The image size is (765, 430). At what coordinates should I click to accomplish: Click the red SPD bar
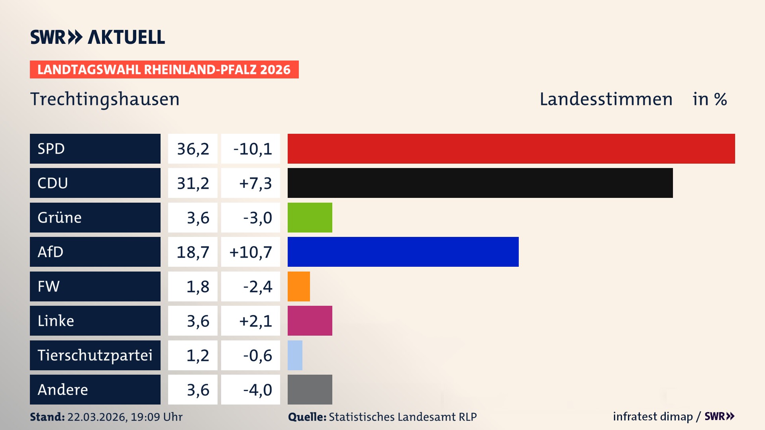point(511,149)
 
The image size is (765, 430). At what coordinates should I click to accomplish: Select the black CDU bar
point(480,183)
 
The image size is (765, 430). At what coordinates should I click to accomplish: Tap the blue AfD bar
point(403,252)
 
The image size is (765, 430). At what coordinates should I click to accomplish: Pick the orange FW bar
point(298,286)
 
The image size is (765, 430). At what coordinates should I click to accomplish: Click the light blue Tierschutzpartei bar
point(295,355)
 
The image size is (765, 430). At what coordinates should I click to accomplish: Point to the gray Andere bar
point(310,389)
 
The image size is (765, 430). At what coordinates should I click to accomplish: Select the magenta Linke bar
point(310,321)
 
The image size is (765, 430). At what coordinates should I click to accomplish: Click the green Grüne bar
point(310,217)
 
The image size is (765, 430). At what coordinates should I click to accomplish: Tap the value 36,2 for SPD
point(193,149)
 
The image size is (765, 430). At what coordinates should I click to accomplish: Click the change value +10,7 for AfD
point(251,252)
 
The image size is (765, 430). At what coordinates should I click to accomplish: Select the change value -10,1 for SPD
point(252,149)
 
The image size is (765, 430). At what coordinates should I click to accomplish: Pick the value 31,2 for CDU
point(193,183)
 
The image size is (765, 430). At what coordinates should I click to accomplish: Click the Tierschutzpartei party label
point(95,355)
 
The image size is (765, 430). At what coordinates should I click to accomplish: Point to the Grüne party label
point(60,217)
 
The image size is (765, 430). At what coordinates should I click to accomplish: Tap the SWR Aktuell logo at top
point(98,37)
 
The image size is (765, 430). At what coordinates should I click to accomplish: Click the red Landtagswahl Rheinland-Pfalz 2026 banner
point(164,69)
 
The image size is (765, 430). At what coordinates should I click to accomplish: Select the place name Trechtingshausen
point(105,99)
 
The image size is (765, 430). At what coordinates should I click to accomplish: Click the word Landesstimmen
point(606,99)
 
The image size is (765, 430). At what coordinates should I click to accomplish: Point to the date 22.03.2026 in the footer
point(97,417)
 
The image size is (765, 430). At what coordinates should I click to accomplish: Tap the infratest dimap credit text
point(652,416)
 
